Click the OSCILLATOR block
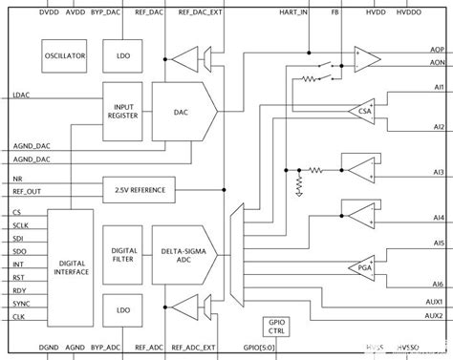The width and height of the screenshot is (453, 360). (66, 56)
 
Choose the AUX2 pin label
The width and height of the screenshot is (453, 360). (435, 315)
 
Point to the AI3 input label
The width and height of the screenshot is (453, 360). (438, 171)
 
